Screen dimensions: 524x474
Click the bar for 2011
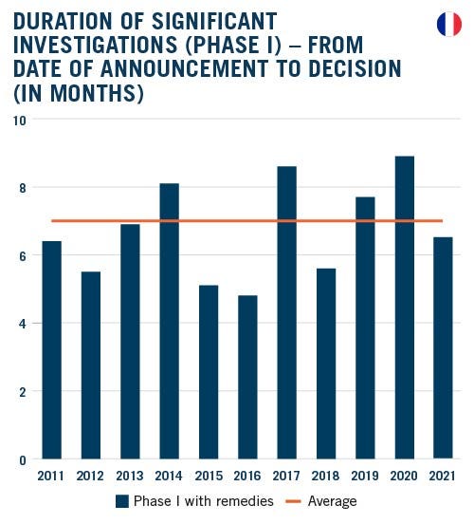[52, 350]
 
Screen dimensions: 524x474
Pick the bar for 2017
[286, 312]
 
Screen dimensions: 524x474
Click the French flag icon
[448, 25]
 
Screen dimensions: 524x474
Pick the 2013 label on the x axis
[130, 476]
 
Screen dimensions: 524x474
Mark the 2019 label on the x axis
[365, 476]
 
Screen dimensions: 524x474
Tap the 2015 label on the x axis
[209, 476]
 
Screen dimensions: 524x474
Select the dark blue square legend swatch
[121, 501]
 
